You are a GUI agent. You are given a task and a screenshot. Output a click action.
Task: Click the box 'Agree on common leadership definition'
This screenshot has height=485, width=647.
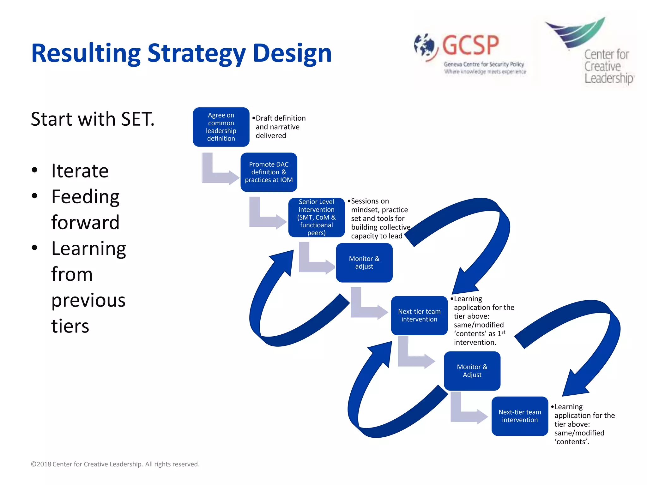coord(221,127)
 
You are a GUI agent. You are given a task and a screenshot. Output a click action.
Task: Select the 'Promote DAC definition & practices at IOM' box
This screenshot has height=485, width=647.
coord(269,172)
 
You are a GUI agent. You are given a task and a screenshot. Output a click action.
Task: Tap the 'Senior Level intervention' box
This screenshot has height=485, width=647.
coord(316,217)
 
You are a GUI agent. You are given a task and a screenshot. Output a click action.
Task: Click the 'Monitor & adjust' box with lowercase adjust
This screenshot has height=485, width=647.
coord(364,262)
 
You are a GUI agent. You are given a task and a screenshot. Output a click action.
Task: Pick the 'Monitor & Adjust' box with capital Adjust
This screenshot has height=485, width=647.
coord(472,371)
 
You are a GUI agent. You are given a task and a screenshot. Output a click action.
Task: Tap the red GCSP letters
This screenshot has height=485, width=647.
coord(470,45)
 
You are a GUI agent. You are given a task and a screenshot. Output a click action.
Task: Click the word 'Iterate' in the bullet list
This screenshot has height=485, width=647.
coord(80,171)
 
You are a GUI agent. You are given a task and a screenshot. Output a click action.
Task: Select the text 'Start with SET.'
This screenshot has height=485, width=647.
coord(93,119)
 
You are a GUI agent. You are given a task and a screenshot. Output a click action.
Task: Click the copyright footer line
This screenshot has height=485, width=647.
coord(115,464)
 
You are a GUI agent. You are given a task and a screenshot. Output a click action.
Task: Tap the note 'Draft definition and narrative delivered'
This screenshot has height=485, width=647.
coord(280,127)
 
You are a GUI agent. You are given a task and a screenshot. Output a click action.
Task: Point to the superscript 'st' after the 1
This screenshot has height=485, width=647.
coord(503,332)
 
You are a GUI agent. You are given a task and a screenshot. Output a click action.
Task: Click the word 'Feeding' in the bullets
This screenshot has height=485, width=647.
coord(85,197)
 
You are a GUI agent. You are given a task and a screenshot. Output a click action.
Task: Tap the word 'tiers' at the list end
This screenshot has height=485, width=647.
coord(70,326)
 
